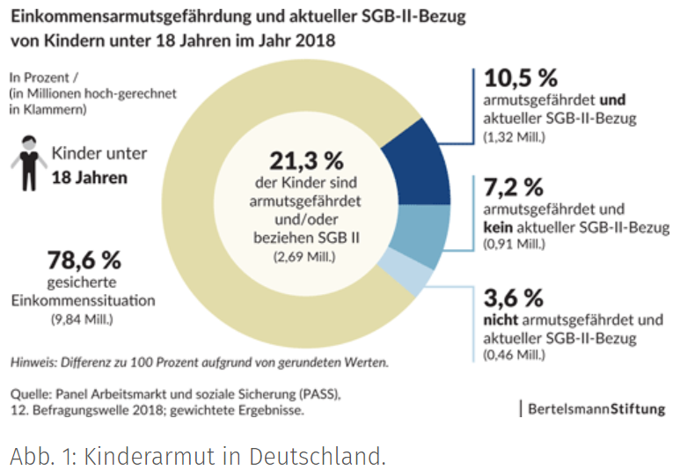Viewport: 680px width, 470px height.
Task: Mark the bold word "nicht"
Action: click(501, 320)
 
